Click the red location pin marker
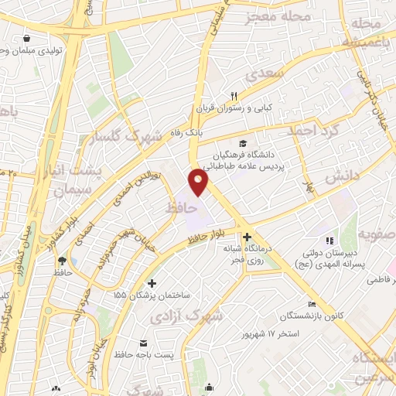(199, 182)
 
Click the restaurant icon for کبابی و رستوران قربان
(233, 96)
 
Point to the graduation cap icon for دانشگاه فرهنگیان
(244, 144)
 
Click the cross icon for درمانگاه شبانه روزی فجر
(246, 237)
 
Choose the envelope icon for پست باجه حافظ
(143, 343)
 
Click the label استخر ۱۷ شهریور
(271, 333)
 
